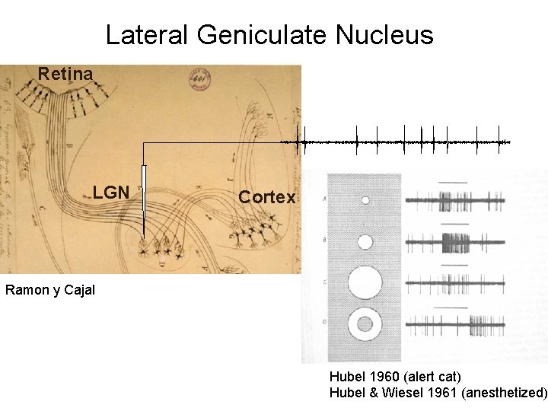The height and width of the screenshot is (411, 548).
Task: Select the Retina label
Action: pyautogui.click(x=65, y=75)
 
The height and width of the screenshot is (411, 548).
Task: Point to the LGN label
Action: pyautogui.click(x=111, y=192)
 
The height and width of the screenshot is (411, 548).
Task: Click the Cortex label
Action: pyautogui.click(x=266, y=197)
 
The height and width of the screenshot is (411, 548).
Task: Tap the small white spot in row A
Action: pyautogui.click(x=365, y=200)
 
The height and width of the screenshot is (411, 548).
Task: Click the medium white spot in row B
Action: pyautogui.click(x=365, y=242)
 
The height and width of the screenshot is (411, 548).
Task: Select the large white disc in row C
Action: pyautogui.click(x=365, y=282)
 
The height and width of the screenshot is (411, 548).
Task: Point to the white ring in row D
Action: pyautogui.click(x=365, y=325)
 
